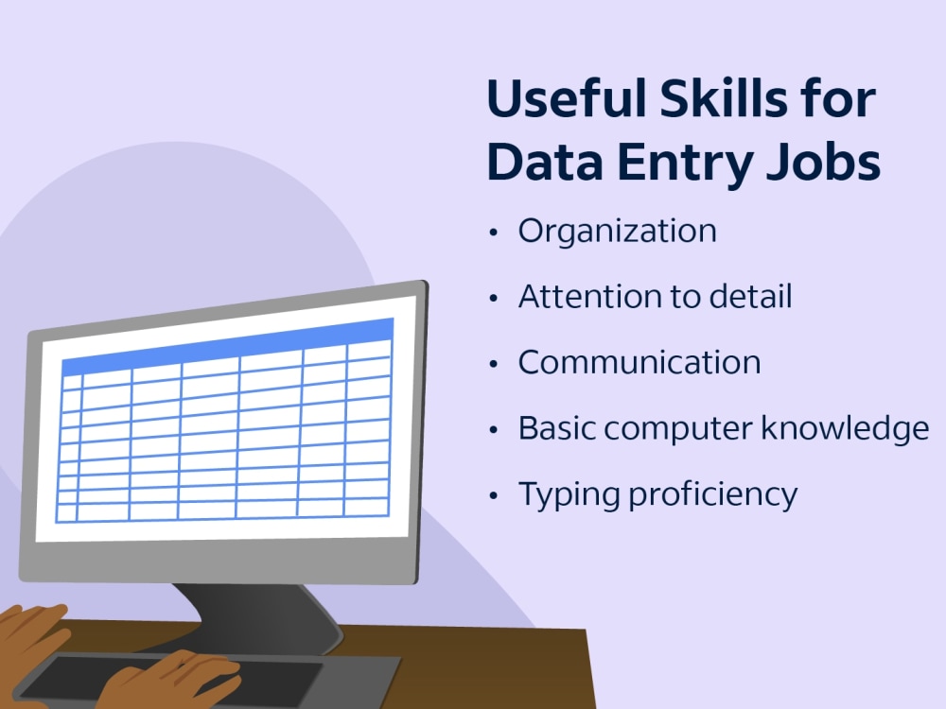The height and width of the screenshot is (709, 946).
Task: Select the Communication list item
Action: coord(639,362)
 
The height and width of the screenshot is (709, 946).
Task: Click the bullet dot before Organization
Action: coord(493,233)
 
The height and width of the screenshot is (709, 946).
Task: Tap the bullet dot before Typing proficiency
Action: coord(493,494)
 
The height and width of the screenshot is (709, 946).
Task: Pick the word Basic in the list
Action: coord(555,428)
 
